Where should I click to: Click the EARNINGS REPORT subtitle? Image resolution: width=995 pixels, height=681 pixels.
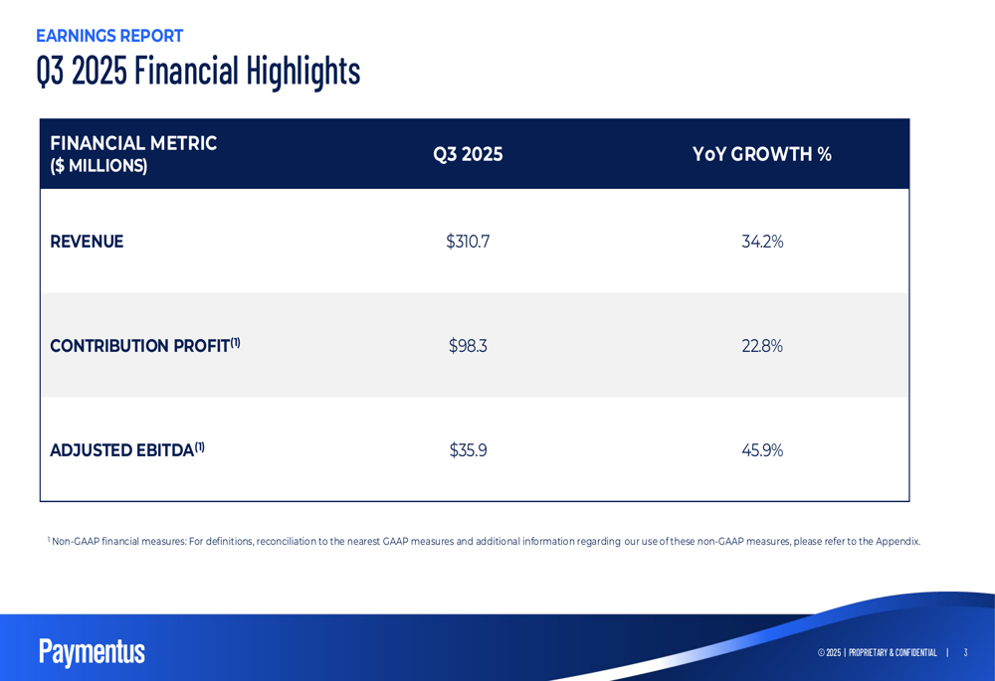click(x=109, y=36)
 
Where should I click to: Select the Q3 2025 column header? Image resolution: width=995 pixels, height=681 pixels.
click(x=468, y=154)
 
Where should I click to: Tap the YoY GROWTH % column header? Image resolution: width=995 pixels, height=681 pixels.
click(x=761, y=154)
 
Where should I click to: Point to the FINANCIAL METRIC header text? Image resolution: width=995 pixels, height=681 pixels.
click(x=133, y=143)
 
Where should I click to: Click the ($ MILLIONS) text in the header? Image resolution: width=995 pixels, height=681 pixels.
click(x=99, y=166)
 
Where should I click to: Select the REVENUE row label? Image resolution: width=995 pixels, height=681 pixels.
click(x=87, y=242)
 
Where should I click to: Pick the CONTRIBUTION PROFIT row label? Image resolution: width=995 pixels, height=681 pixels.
click(x=139, y=346)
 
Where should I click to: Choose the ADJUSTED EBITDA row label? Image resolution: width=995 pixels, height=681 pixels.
click(x=121, y=450)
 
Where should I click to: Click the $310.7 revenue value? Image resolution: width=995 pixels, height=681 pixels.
click(x=468, y=242)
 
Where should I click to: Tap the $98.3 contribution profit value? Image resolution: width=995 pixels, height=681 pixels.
click(x=468, y=346)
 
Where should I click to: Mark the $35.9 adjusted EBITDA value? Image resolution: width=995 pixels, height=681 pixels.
click(x=468, y=450)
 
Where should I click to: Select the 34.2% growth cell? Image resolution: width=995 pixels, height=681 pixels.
click(x=762, y=242)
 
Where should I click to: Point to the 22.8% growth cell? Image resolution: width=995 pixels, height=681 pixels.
click(x=762, y=346)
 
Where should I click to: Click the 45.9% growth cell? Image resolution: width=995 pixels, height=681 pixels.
click(x=762, y=450)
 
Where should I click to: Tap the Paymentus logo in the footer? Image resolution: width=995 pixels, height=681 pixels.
click(x=92, y=651)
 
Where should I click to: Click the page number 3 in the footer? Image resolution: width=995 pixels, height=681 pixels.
click(x=965, y=652)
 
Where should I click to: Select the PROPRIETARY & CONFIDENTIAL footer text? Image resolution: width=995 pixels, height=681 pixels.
click(x=893, y=652)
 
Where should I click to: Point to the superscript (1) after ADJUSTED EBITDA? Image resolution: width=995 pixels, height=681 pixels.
click(x=200, y=446)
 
